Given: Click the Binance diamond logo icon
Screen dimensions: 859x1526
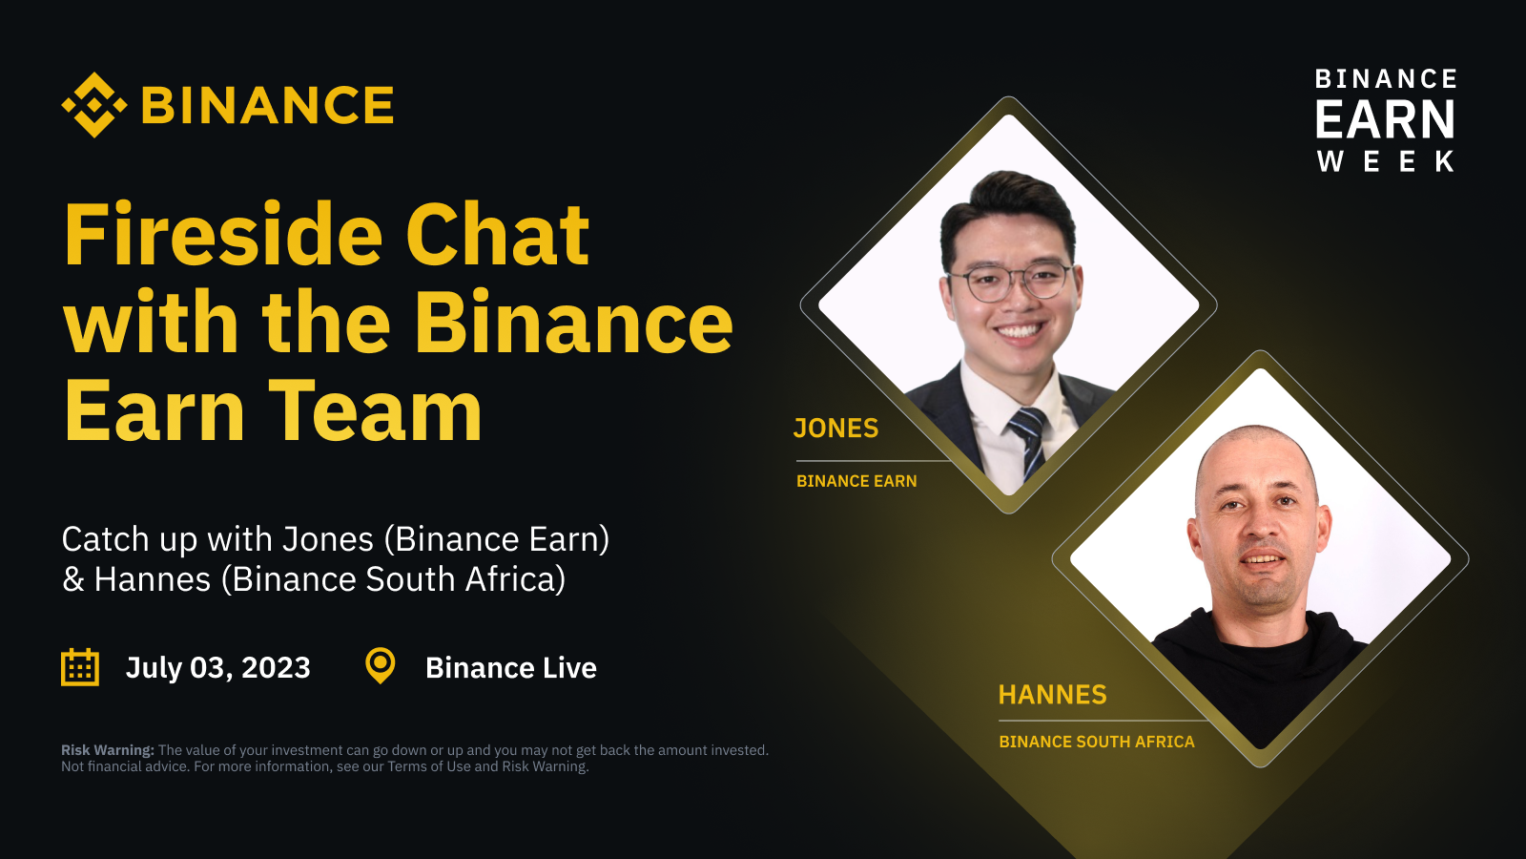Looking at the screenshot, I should (x=94, y=105).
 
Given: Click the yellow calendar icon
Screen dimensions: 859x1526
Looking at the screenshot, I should (x=80, y=667).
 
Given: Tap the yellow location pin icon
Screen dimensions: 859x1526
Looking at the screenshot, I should (x=381, y=665).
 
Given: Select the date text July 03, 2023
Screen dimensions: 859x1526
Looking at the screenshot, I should (x=218, y=667).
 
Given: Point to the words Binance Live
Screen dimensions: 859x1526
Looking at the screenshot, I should (x=511, y=667).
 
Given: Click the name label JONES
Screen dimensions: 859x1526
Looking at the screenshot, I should (x=835, y=429).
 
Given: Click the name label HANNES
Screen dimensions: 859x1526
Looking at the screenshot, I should (x=1052, y=695).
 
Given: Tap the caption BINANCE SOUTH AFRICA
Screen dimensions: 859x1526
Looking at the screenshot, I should (x=1096, y=742).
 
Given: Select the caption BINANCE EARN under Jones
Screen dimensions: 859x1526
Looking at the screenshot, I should (x=856, y=481).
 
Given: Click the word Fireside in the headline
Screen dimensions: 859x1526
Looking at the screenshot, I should (x=221, y=236).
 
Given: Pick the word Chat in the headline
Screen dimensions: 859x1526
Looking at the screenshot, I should (x=497, y=236).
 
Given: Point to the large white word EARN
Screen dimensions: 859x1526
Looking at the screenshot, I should (x=1385, y=120).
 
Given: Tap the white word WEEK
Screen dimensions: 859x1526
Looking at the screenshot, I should (x=1385, y=161).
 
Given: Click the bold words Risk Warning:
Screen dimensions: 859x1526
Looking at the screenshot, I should (x=107, y=750).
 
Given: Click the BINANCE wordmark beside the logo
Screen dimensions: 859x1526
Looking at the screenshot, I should (x=267, y=105).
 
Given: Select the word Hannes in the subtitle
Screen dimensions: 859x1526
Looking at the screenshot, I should (x=153, y=579).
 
